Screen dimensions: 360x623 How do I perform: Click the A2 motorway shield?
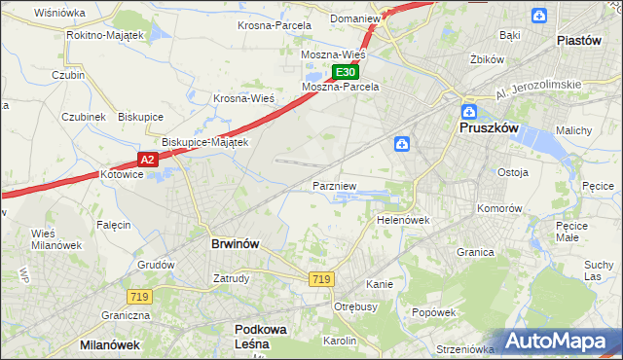point(146,159)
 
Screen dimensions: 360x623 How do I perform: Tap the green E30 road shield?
point(347,72)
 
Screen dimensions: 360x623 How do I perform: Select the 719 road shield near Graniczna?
point(136,295)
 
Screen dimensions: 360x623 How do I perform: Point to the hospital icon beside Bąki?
point(539,15)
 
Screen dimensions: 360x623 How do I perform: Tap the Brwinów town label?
point(235,244)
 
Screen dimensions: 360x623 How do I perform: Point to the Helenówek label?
point(403,220)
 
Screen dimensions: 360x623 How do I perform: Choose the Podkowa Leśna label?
point(261,337)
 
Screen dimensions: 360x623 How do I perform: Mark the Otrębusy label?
point(355,306)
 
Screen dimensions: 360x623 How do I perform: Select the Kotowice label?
point(122,174)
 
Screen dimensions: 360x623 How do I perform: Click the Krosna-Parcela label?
point(275,25)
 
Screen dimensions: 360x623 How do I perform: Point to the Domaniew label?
point(352,18)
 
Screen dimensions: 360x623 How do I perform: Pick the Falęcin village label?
point(114,225)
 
